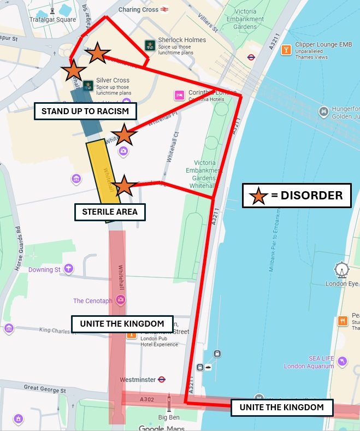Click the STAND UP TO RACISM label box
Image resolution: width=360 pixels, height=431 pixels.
coord(85,111)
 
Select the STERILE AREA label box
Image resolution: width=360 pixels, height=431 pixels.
coord(110,211)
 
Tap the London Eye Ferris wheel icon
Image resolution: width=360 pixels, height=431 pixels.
coord(342,269)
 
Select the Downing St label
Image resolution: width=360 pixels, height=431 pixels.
coord(45,269)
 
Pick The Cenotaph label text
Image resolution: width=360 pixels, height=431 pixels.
coord(93,300)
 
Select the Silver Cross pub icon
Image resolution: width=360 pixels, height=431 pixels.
coord(87,84)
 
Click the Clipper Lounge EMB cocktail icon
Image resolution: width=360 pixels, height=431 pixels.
coord(285,50)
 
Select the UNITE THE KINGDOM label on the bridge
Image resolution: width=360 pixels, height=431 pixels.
coord(281,407)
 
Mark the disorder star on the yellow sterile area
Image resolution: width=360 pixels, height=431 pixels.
coord(124,186)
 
